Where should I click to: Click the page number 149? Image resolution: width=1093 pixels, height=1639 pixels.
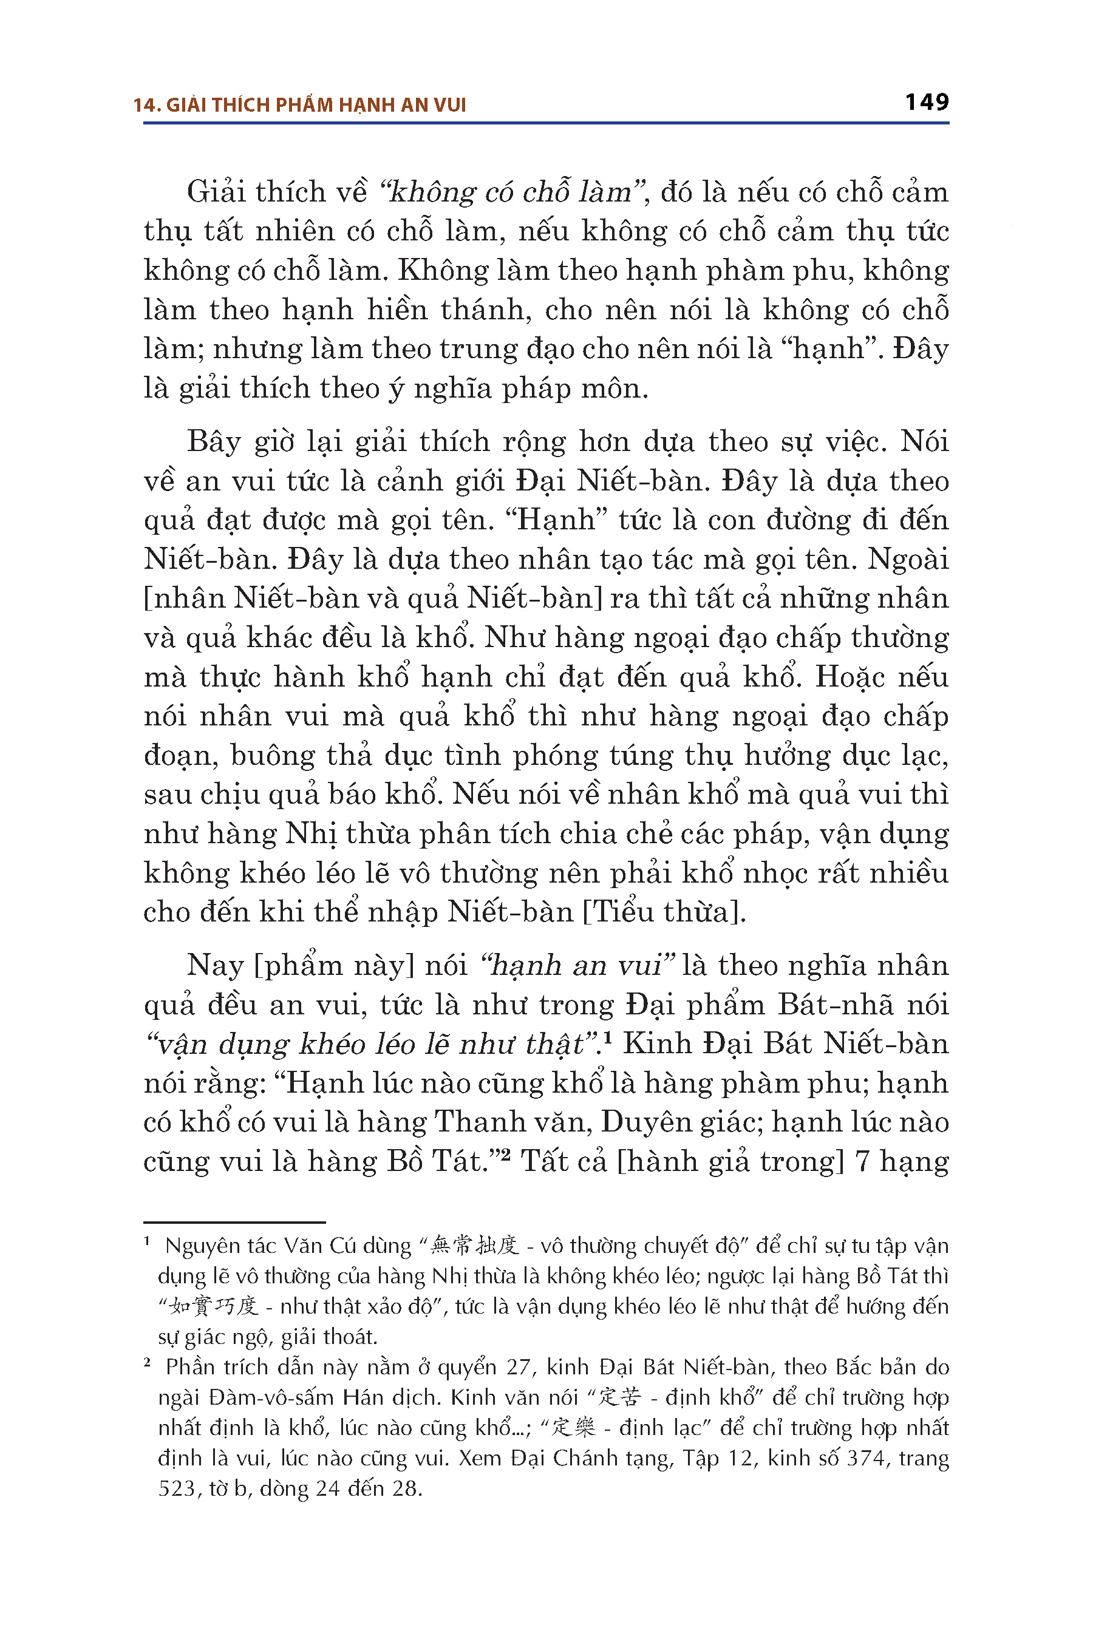click(927, 103)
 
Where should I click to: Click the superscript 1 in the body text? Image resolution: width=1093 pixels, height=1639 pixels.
click(607, 1037)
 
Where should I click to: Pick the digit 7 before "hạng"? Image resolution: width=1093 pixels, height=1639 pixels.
click(862, 1161)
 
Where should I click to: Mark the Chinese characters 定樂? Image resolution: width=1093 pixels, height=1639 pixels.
click(573, 1428)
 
